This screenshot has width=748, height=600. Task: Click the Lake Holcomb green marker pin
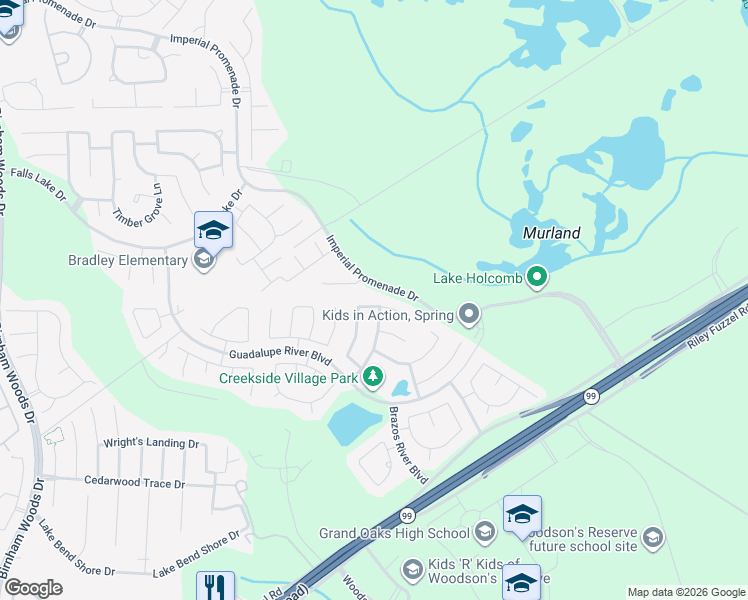coord(537,277)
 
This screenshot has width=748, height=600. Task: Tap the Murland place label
coord(551,233)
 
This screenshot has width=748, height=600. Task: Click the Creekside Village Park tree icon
coord(373,377)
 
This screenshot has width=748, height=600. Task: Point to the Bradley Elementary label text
coord(127,261)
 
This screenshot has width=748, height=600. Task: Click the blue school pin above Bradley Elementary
coord(213,230)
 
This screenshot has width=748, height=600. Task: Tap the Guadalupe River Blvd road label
coord(280,355)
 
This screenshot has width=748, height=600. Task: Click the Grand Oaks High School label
coord(394,533)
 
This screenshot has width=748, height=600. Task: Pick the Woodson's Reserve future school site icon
coord(652,539)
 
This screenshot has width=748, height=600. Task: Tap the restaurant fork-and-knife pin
coord(215,585)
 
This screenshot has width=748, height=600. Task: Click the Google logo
coord(32,588)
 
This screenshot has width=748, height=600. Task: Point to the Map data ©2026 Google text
coord(685,592)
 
